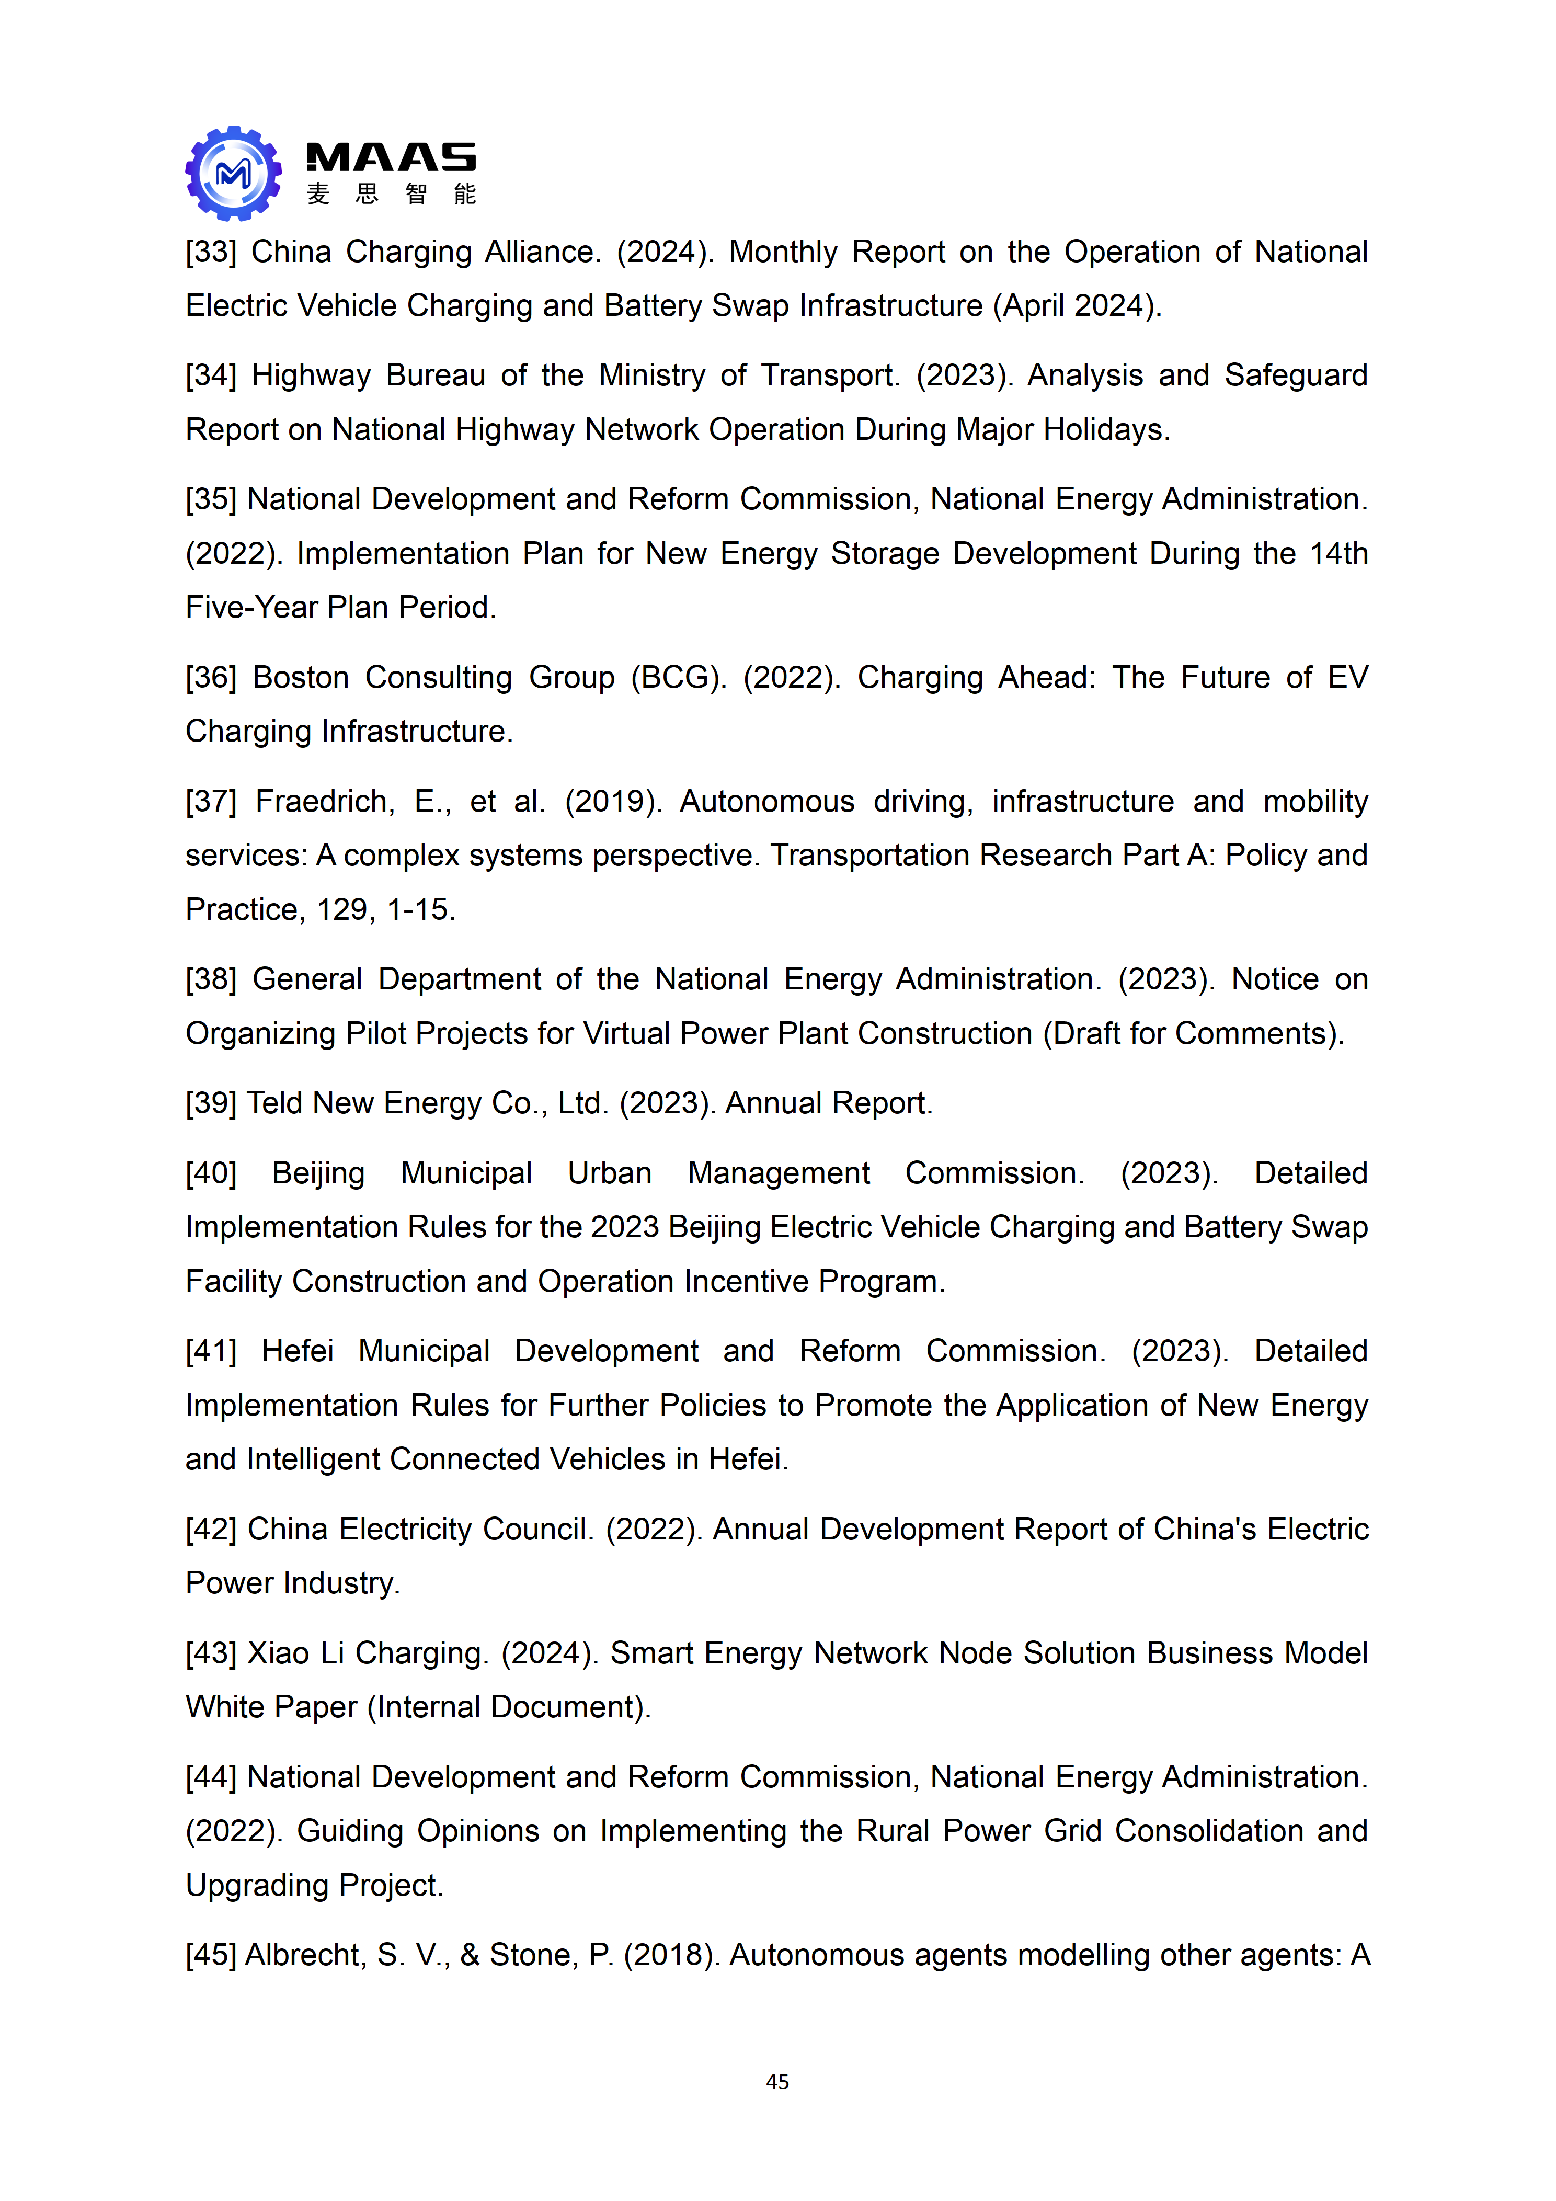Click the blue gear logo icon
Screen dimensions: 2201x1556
(x=233, y=174)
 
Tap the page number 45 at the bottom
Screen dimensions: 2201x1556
(x=777, y=2081)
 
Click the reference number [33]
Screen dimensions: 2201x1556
(x=211, y=252)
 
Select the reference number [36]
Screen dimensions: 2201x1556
(x=211, y=678)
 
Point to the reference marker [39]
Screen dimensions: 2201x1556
(x=211, y=1103)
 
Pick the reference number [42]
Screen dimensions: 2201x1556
(x=211, y=1529)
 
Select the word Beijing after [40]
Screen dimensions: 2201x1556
(x=318, y=1173)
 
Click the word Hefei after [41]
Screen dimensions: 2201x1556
(x=297, y=1351)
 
